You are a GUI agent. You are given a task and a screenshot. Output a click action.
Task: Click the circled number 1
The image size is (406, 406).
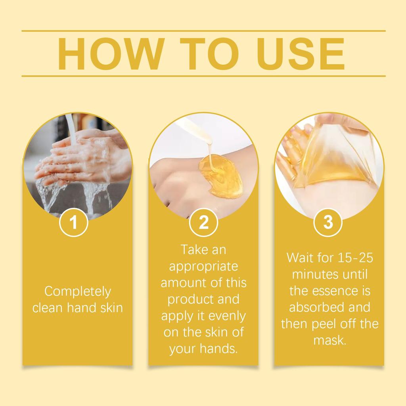(x=73, y=223)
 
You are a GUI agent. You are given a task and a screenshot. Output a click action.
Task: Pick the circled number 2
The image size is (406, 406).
(x=203, y=223)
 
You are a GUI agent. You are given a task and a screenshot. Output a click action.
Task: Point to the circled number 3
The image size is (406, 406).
(x=328, y=223)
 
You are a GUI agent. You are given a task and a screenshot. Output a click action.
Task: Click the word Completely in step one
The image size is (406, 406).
(x=78, y=292)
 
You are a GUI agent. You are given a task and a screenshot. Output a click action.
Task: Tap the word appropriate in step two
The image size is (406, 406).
(x=203, y=266)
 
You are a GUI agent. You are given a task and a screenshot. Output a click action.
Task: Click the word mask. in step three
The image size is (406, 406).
(x=330, y=340)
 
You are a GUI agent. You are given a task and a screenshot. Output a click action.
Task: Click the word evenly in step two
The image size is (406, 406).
(x=227, y=316)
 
